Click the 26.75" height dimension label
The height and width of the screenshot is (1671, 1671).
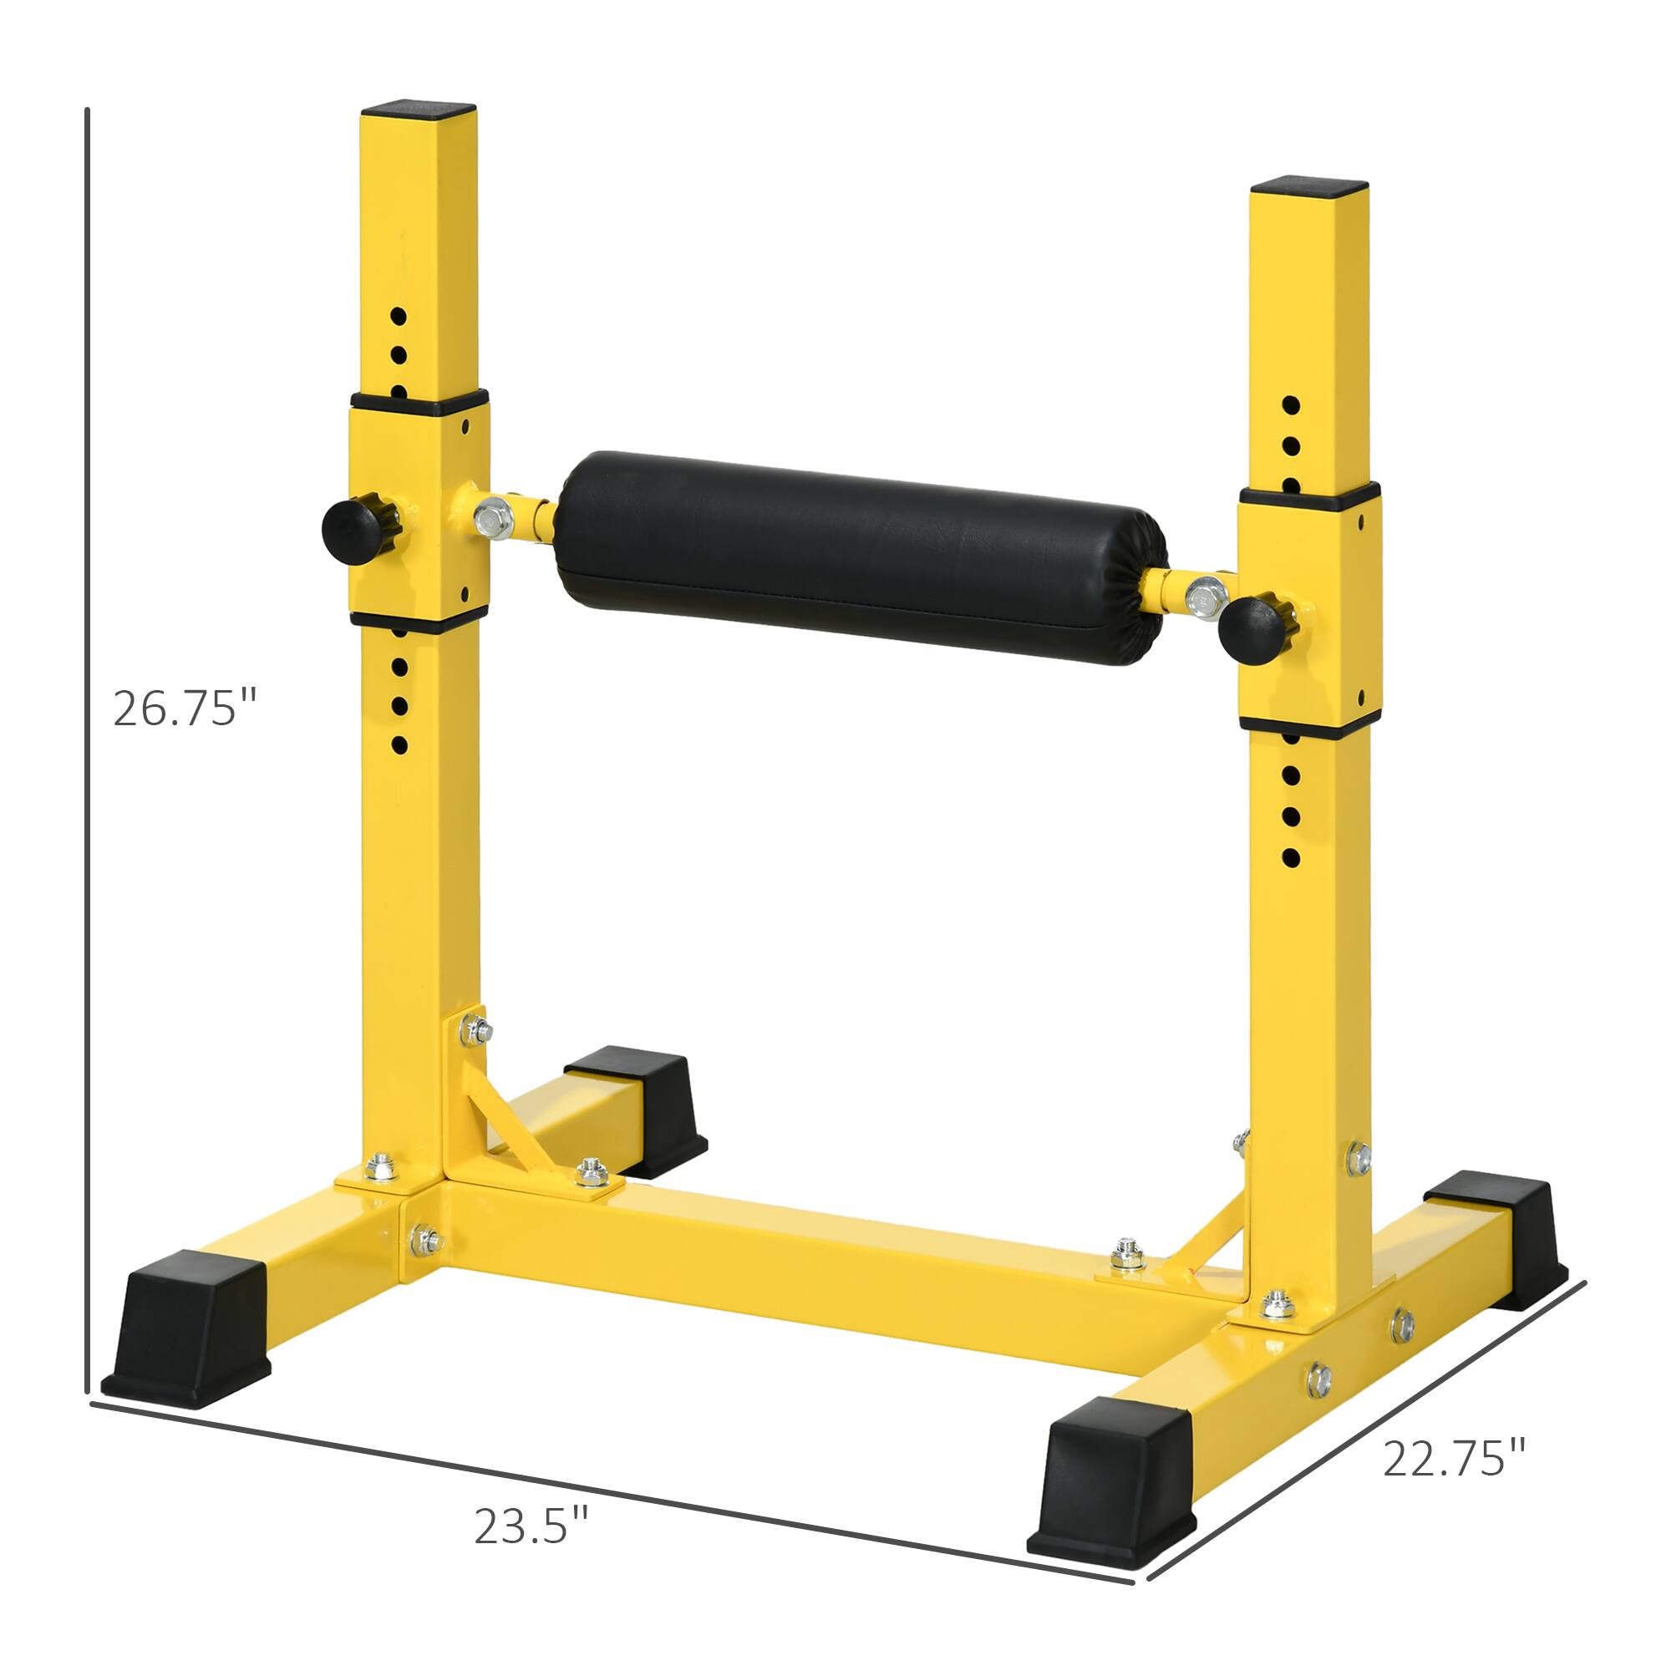coord(185,709)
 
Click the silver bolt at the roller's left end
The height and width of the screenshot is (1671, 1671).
coord(494,519)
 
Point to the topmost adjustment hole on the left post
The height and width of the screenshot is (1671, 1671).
coord(398,316)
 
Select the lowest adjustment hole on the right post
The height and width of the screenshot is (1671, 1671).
coord(1291,859)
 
